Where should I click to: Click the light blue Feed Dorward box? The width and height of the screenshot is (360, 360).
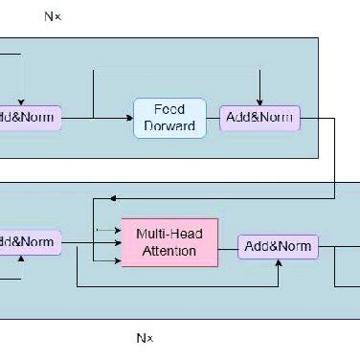(169, 118)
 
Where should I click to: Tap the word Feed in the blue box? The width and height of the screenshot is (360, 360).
(170, 109)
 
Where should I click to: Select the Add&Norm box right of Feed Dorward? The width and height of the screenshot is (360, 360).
(259, 118)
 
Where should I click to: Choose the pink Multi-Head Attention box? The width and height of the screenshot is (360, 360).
(169, 241)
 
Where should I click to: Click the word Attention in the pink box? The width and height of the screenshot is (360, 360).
(169, 251)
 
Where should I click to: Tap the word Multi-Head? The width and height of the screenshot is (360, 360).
(169, 233)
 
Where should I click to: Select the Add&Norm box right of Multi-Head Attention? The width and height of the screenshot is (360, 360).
(278, 246)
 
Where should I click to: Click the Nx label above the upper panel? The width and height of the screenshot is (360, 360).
(53, 16)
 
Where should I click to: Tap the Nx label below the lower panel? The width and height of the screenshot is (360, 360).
(145, 338)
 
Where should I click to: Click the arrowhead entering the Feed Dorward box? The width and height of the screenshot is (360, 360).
(128, 118)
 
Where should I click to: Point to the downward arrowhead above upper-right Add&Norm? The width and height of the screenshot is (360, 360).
(259, 101)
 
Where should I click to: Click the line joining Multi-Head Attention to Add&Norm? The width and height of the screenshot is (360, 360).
(228, 245)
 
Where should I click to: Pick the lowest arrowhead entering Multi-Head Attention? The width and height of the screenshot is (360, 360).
(117, 259)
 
